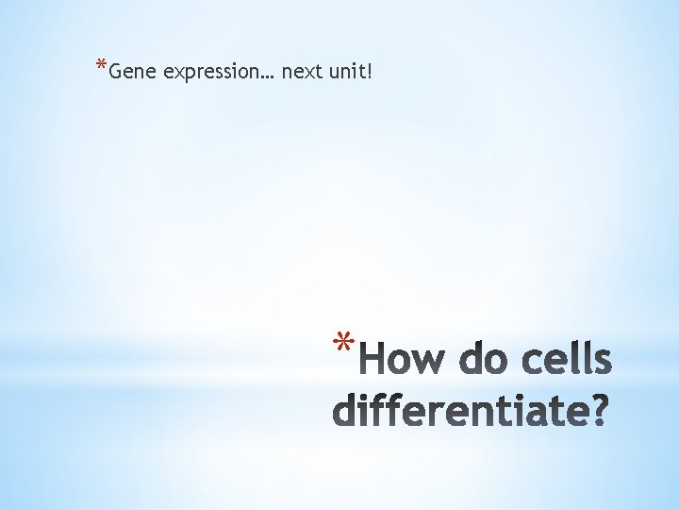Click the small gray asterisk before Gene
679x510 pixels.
pyautogui.click(x=101, y=66)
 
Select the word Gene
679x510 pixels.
pyautogui.click(x=133, y=72)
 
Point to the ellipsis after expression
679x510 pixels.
pyautogui.click(x=269, y=76)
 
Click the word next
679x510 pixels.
pyautogui.click(x=301, y=72)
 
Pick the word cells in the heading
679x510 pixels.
pyautogui.click(x=569, y=361)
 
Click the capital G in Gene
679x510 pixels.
pyautogui.click(x=116, y=72)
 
